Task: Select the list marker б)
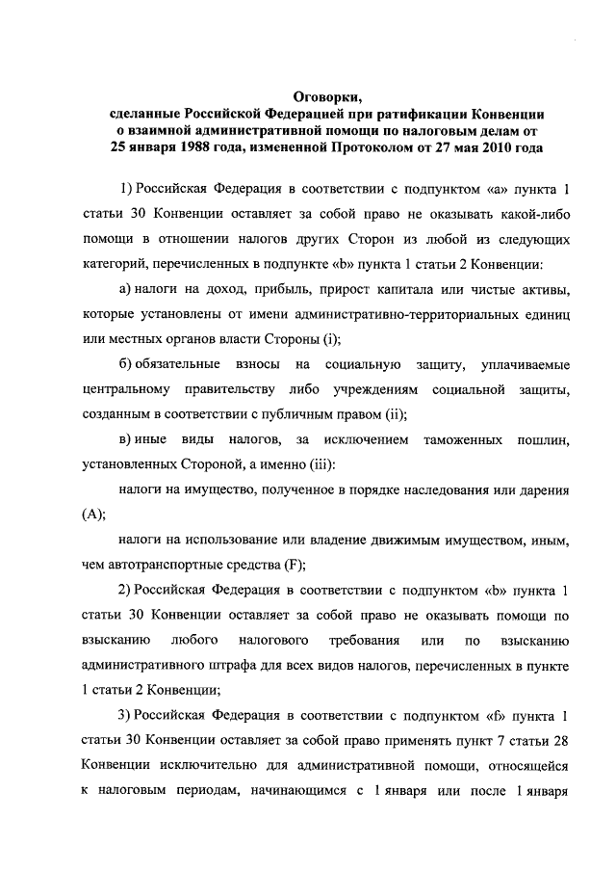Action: click(125, 364)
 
